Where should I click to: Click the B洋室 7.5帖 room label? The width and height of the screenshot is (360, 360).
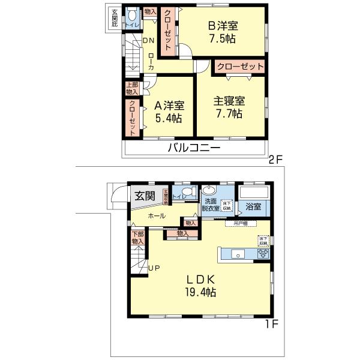[223, 33]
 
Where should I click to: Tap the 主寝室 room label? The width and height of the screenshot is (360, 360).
[229, 107]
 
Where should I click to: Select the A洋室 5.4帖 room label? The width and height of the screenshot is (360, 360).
[169, 112]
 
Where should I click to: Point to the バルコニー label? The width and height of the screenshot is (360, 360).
[193, 148]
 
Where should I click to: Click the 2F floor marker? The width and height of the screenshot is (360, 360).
[275, 160]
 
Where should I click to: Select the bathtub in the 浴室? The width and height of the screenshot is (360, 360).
[254, 194]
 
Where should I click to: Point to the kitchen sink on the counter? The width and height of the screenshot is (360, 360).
[238, 255]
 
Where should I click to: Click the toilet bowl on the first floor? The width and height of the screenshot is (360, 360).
[188, 193]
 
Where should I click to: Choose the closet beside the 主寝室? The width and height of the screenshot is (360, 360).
[239, 66]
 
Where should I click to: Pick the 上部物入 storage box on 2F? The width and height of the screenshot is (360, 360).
[132, 88]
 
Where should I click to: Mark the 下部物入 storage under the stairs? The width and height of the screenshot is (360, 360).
[137, 237]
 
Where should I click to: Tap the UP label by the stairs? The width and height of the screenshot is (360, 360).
[154, 268]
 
